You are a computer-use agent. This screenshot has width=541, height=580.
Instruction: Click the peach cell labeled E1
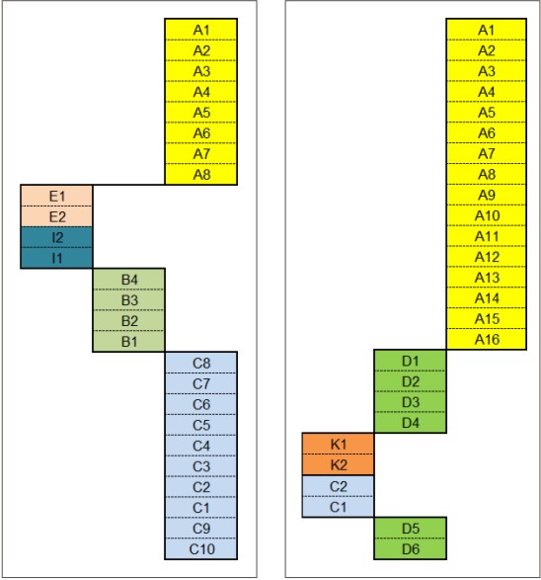coord(56,196)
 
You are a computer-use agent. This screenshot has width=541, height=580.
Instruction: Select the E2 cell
coord(56,216)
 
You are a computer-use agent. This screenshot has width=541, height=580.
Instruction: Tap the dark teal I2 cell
coord(56,237)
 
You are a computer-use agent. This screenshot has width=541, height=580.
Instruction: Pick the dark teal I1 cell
coord(56,258)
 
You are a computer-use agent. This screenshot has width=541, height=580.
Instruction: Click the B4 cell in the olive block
coord(128,280)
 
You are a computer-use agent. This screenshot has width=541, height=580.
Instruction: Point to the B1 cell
coord(128,341)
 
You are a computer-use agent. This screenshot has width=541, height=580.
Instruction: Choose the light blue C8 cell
coord(201,363)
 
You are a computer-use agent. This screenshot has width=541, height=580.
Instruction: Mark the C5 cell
coord(201,425)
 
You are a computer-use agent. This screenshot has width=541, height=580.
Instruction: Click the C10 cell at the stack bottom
coord(201,548)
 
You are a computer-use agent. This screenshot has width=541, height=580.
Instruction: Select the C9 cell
coord(201,528)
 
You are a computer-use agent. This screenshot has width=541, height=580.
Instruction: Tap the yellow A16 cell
coord(487,339)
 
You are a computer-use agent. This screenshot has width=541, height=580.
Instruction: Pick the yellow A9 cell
coord(487,195)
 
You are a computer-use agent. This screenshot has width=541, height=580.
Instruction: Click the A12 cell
coord(487,256)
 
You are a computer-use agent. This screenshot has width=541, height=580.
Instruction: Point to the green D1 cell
coord(410,361)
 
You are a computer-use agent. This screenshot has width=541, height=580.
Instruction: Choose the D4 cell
coord(410,423)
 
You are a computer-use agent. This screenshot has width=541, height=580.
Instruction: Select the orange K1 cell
coord(338,444)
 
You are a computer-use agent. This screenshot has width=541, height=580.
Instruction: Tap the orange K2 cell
coord(338,464)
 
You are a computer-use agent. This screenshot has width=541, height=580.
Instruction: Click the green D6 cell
coord(410,548)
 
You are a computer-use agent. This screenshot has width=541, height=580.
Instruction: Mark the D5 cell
coord(410,528)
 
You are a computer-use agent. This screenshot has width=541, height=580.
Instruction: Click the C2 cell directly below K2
coord(338,486)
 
